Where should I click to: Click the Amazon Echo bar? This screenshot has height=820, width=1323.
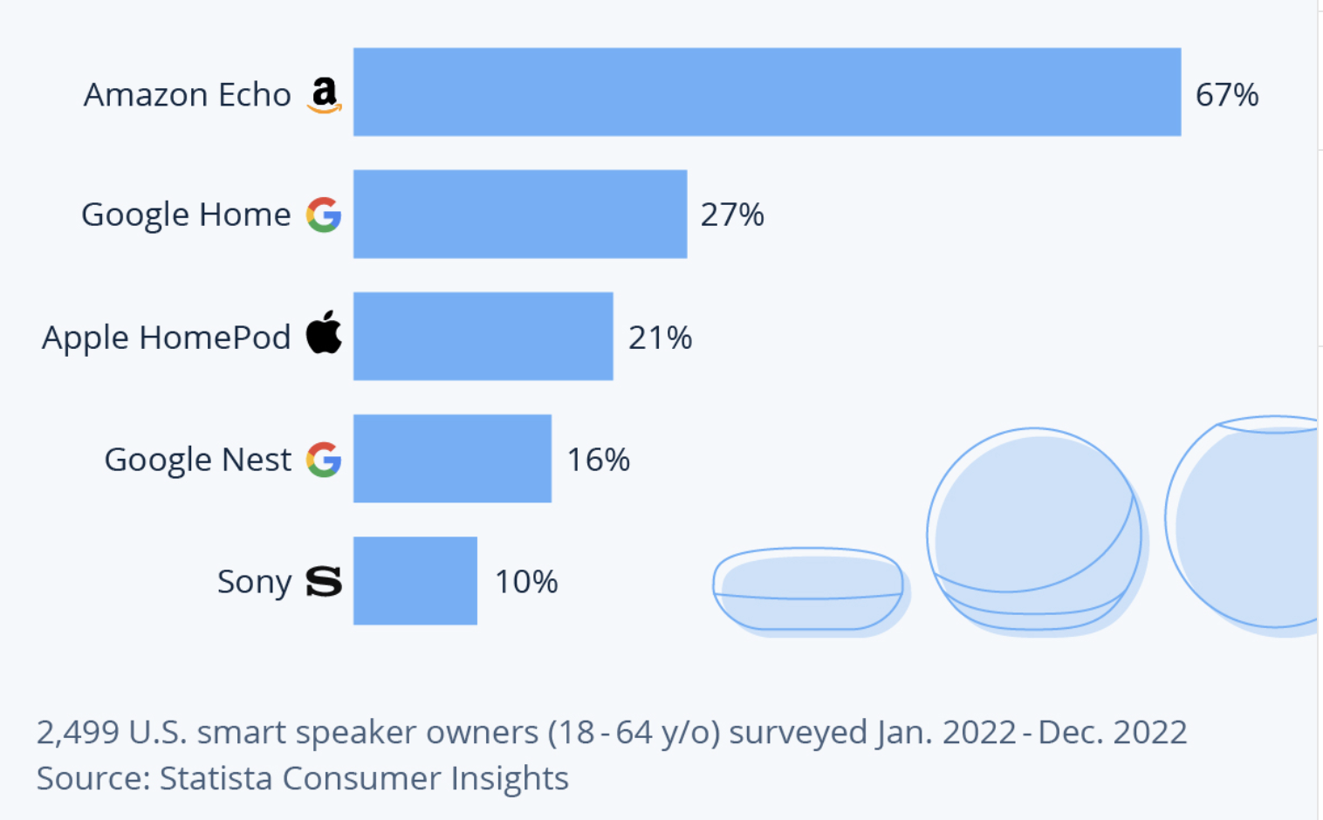tap(767, 92)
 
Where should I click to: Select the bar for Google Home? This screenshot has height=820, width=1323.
tap(520, 215)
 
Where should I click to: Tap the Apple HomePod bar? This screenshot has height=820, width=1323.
tap(483, 337)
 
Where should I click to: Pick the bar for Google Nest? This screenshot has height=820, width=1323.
tap(452, 459)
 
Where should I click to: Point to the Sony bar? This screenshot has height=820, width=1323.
tap(415, 581)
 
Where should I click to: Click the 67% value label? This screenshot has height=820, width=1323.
tap(1227, 95)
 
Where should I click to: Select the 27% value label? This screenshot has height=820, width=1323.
tap(732, 215)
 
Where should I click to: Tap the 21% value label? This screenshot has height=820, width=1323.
tap(660, 338)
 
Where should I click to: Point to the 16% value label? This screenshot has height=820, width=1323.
tap(599, 460)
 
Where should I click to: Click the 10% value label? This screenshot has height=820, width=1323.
tap(526, 582)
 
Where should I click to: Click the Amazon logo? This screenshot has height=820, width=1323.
tap(325, 95)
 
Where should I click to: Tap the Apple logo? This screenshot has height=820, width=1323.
tap(324, 332)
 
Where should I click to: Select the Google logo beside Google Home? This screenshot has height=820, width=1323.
tap(324, 215)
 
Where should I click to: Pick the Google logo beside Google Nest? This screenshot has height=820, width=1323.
tap(324, 460)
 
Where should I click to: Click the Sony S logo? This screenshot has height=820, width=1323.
tap(324, 582)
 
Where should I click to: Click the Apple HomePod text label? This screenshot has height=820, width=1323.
tap(166, 338)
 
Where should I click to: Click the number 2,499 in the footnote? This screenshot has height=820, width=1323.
tap(78, 733)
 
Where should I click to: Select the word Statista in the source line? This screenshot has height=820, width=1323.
tap(216, 778)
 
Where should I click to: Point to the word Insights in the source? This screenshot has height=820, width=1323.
tap(509, 779)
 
